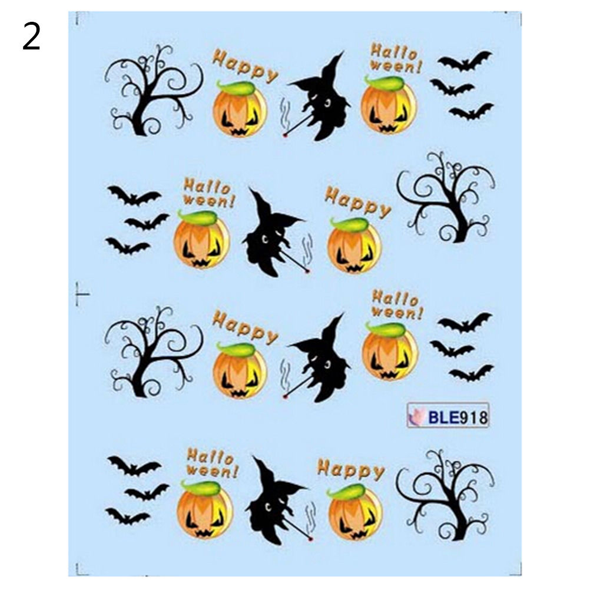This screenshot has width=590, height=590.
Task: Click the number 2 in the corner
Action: click(x=31, y=36)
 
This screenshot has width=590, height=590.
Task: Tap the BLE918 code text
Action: click(x=458, y=417)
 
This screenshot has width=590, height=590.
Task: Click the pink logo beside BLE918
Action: click(x=416, y=417)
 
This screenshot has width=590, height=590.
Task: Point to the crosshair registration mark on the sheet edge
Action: click(x=79, y=294)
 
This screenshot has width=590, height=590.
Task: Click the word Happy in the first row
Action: click(x=245, y=66)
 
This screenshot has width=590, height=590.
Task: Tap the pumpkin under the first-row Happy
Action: click(x=239, y=109)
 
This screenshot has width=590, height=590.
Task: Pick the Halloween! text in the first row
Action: click(x=395, y=58)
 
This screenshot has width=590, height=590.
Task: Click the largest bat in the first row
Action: click(x=465, y=61)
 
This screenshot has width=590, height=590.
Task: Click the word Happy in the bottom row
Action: click(x=351, y=470)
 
